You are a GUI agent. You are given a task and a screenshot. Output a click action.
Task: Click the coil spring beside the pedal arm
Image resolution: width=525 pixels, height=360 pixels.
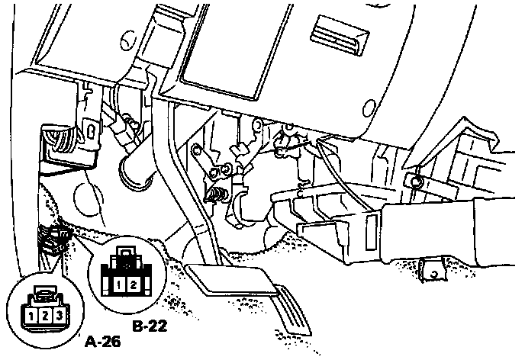point(217,194)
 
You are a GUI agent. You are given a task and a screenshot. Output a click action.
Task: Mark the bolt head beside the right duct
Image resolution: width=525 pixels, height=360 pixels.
point(417,182)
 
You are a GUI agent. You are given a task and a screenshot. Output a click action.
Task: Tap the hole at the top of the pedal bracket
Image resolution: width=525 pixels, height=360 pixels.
point(196,150)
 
